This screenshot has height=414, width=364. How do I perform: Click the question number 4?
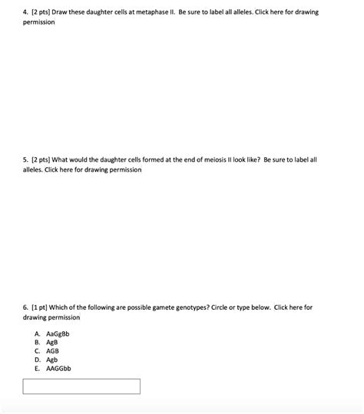[x=25, y=13]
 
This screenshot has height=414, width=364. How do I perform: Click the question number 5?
[x=25, y=159]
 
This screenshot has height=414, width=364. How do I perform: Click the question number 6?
[x=25, y=307]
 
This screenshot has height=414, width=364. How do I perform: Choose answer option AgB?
[x=53, y=343]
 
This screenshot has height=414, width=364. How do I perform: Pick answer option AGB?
[x=53, y=351]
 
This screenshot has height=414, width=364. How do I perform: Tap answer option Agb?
[x=53, y=360]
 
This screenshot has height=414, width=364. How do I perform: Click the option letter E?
[x=37, y=368]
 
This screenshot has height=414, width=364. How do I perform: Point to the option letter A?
[x=37, y=334]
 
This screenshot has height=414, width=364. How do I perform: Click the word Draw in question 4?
[x=60, y=13]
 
